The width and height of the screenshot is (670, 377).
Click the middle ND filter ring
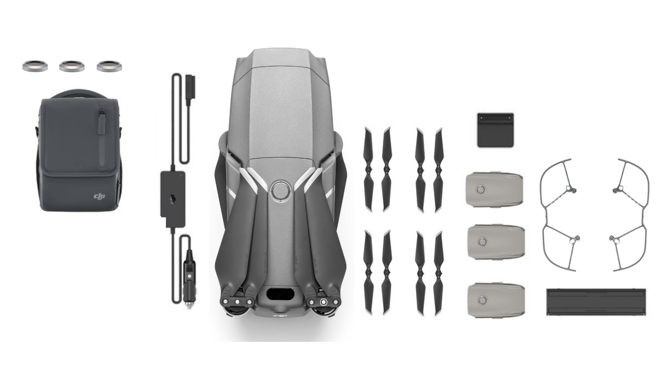[x=72, y=66]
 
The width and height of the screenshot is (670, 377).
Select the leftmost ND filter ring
[x=35, y=66]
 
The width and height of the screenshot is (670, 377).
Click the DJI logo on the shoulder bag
[x=99, y=196]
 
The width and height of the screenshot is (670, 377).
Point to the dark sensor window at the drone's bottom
[x=281, y=294]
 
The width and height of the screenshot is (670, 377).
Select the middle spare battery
[x=494, y=241]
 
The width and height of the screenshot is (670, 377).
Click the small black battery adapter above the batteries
[x=495, y=129]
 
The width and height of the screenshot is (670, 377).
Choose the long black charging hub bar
[x=596, y=302]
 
